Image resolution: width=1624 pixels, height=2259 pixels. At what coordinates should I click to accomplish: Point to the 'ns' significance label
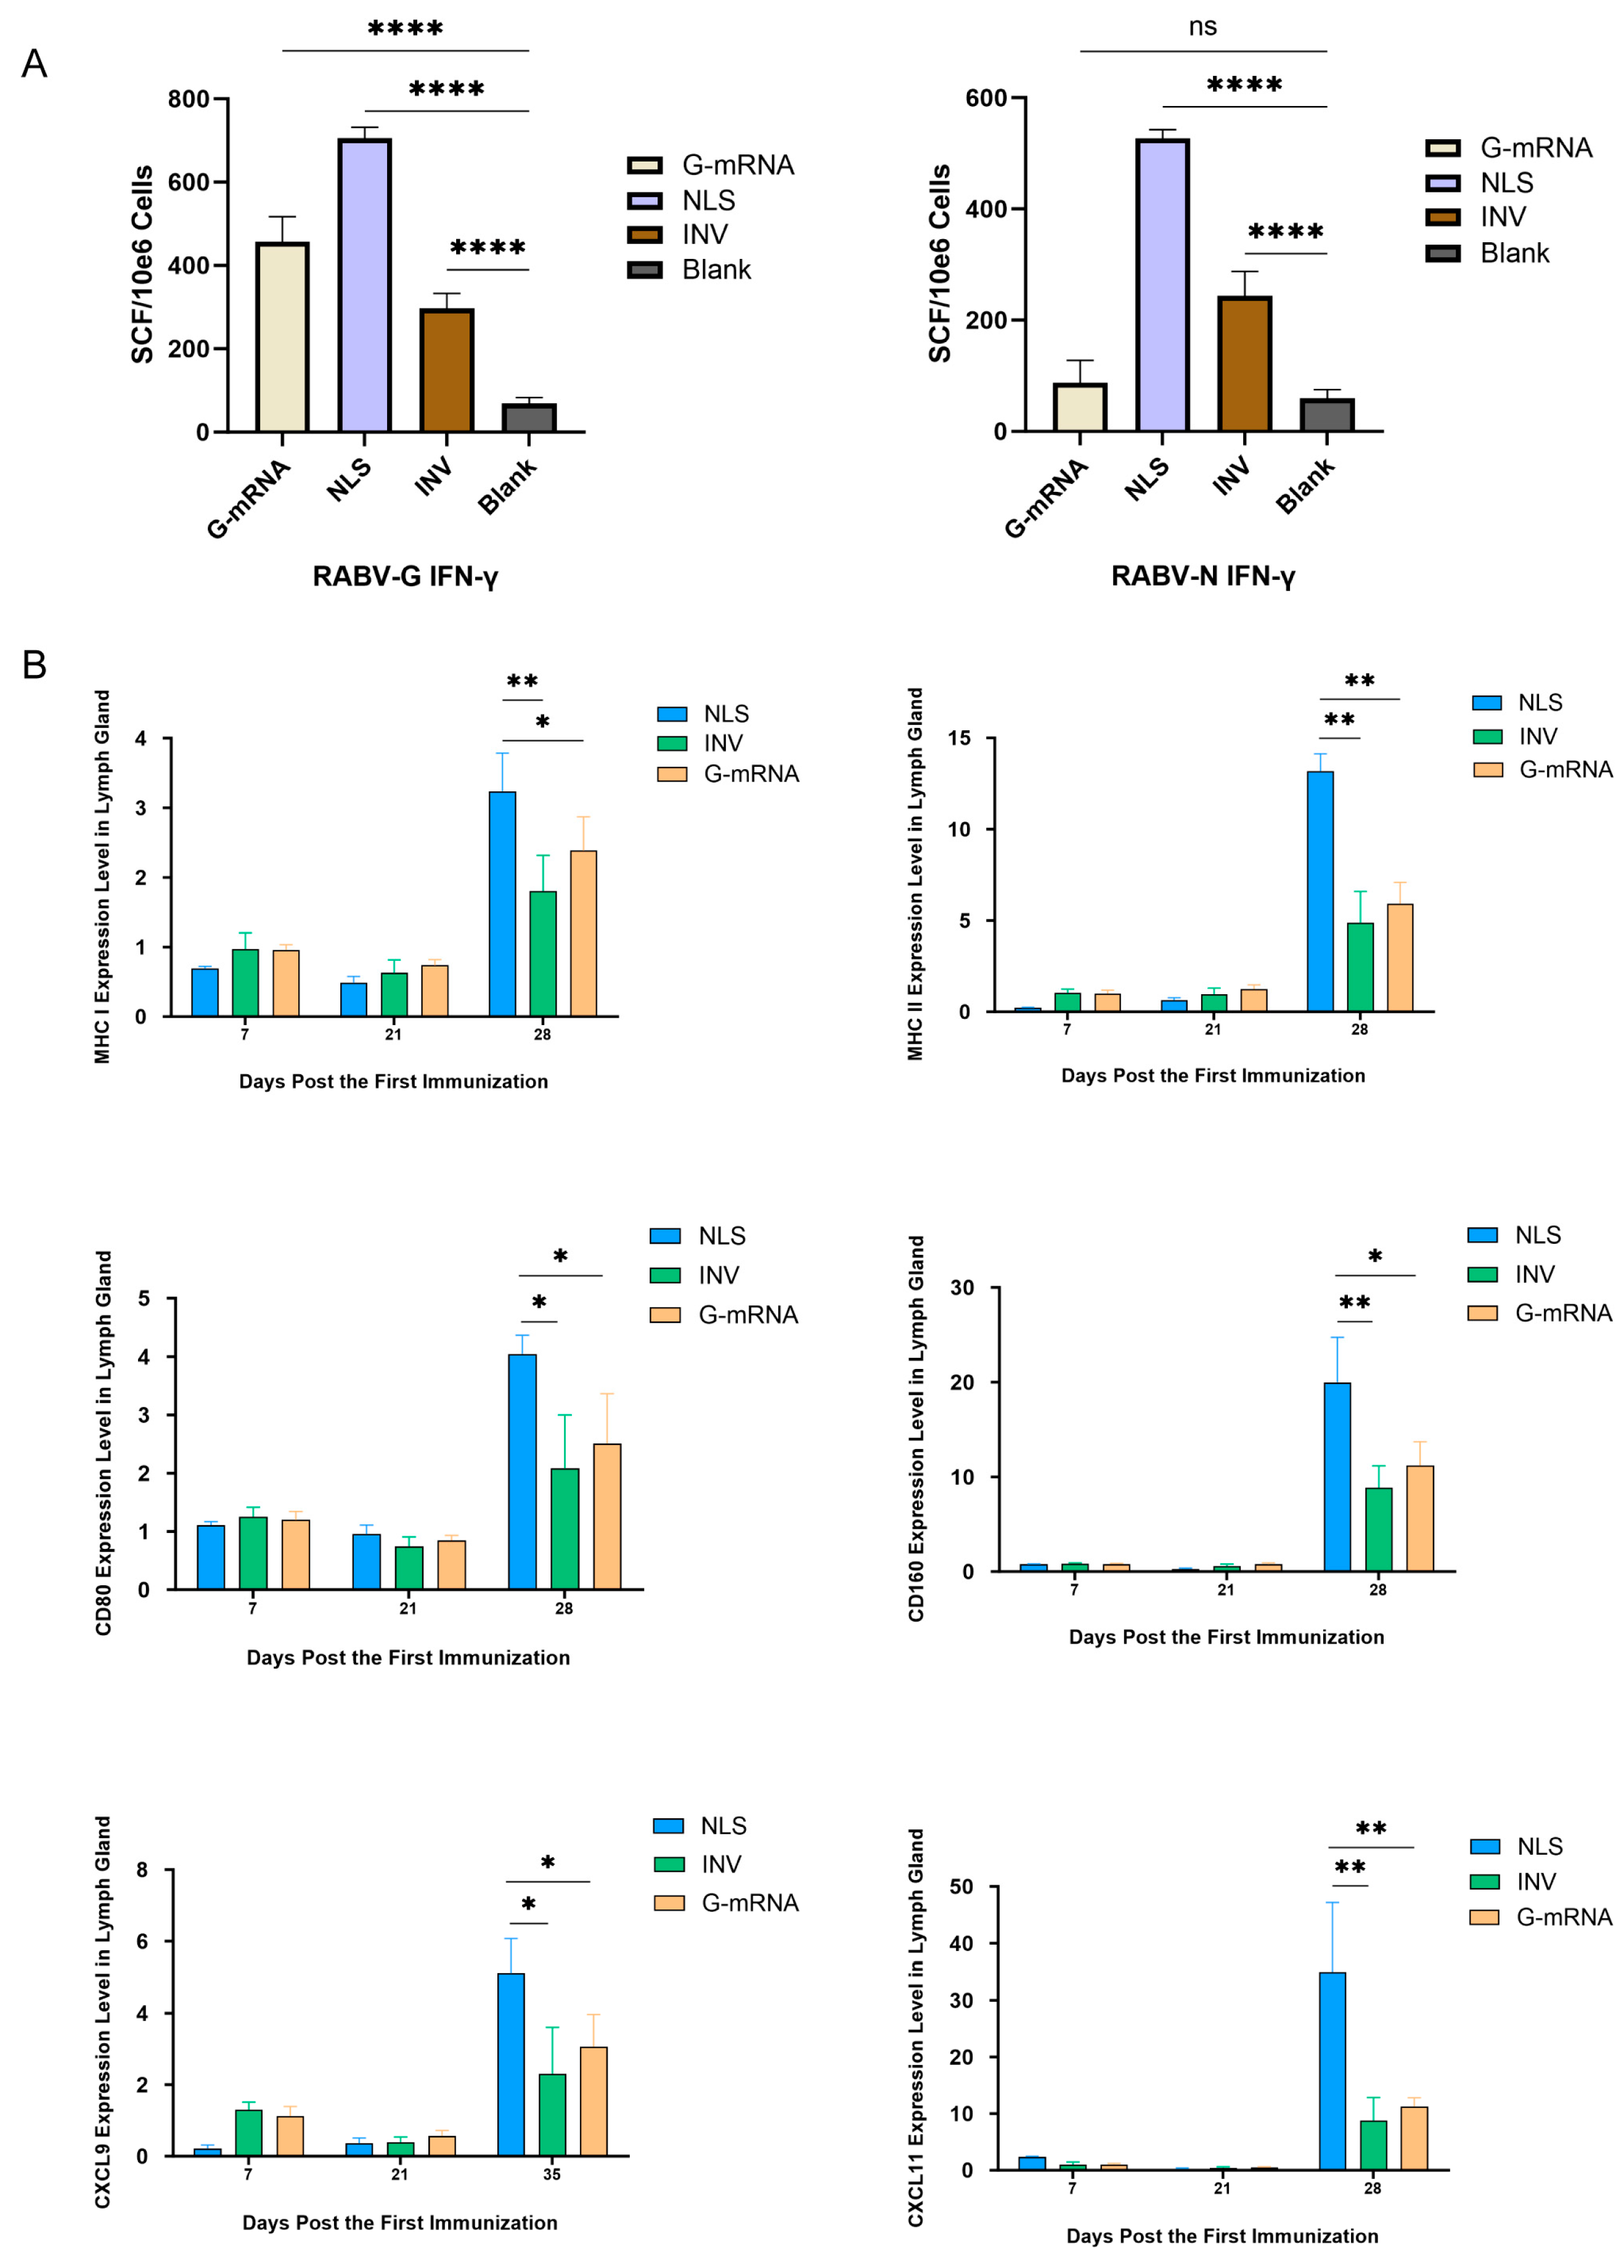(1202, 27)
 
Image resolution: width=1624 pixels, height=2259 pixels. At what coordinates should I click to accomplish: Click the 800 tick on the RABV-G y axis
(188, 99)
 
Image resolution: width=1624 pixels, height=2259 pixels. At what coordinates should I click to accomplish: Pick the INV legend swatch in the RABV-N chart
(1443, 217)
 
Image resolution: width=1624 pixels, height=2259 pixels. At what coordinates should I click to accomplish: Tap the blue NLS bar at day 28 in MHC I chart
(502, 904)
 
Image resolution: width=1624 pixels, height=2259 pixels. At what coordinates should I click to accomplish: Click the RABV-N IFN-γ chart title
(1202, 576)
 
